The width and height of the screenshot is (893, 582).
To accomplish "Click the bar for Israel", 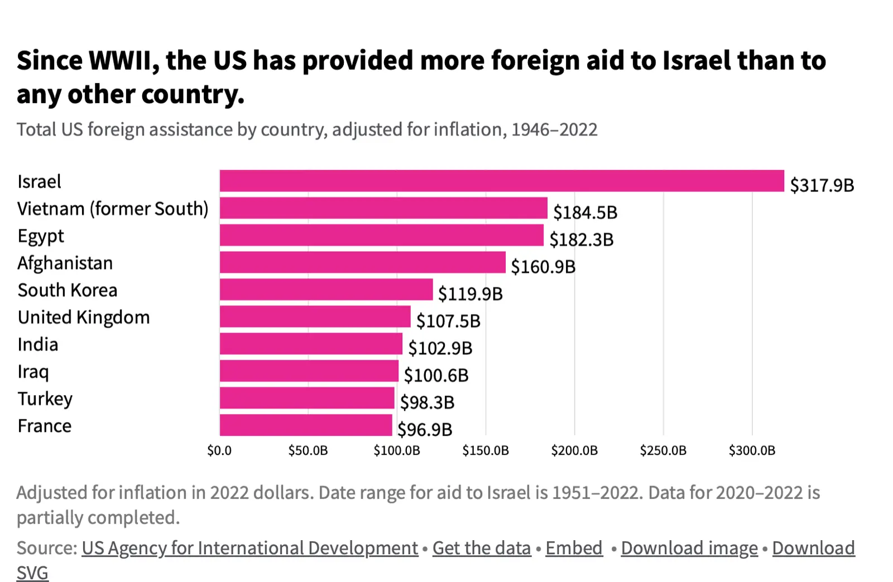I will click(x=501, y=181).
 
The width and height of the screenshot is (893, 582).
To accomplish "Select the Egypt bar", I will click(x=381, y=235).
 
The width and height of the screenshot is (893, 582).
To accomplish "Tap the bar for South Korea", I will click(x=326, y=290).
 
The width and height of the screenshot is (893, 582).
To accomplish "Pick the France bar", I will click(x=306, y=425).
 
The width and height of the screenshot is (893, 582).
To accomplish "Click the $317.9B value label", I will click(x=822, y=185).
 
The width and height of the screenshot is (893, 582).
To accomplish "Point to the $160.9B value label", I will click(x=542, y=267).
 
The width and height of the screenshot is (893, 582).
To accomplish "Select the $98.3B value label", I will click(x=427, y=402).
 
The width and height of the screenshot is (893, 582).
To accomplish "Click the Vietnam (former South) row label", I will click(x=113, y=209).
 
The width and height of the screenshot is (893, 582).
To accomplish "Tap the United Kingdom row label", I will click(x=84, y=317).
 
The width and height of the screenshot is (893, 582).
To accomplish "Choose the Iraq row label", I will click(x=33, y=372).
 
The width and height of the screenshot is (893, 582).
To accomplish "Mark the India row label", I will click(x=37, y=344).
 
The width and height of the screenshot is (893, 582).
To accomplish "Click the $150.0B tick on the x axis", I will click(x=485, y=450).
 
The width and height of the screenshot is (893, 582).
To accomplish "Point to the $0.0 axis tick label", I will click(x=219, y=450).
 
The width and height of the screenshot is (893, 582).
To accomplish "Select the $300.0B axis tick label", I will click(x=751, y=450).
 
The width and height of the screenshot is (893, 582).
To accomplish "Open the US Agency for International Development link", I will click(x=249, y=548).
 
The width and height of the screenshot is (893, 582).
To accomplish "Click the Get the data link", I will click(x=481, y=548).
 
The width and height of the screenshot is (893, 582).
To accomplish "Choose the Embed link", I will click(x=574, y=548).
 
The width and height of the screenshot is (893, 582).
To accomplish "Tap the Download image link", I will click(x=689, y=548).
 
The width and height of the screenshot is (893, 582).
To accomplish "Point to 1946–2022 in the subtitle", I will click(x=554, y=129).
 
